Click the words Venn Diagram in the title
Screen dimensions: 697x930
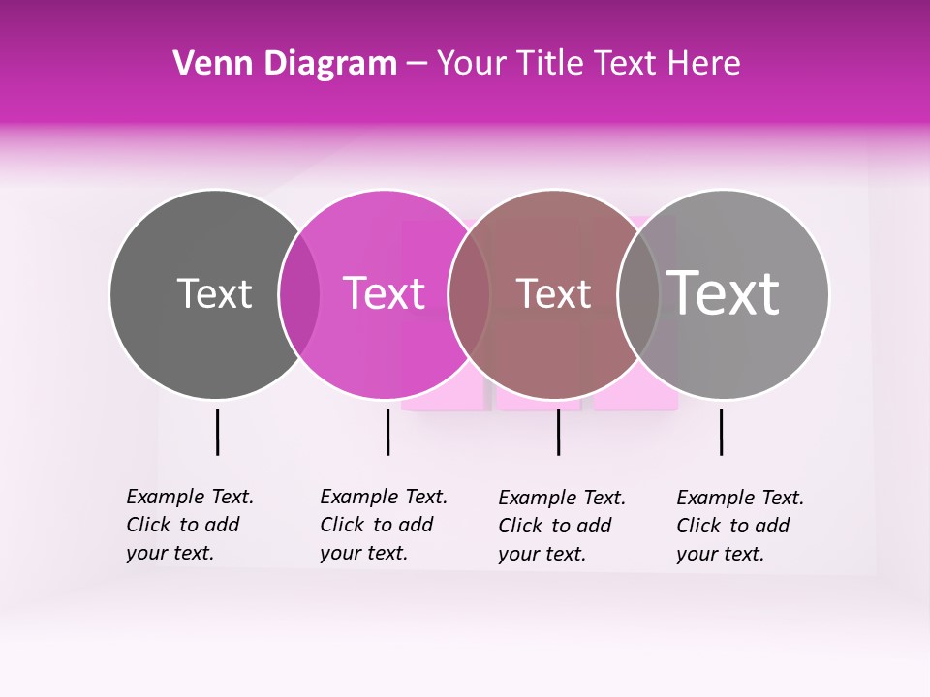click(x=285, y=64)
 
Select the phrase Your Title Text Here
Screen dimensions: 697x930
click(x=588, y=64)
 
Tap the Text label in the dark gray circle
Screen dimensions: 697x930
click(x=214, y=293)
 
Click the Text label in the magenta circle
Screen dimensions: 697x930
click(x=384, y=293)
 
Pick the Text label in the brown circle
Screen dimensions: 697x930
click(x=553, y=293)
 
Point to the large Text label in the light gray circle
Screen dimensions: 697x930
click(x=724, y=293)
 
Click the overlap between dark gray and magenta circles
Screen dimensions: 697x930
click(x=299, y=294)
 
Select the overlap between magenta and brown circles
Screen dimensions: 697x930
click(x=469, y=294)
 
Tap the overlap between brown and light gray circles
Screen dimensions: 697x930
click(x=638, y=294)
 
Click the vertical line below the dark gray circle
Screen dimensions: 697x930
click(x=217, y=432)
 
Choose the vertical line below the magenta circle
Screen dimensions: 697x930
click(x=387, y=432)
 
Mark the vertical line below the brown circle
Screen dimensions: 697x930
click(x=558, y=432)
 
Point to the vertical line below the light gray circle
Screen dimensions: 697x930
click(x=721, y=432)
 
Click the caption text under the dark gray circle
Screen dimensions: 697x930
click(x=189, y=525)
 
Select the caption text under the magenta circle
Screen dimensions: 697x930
click(x=383, y=525)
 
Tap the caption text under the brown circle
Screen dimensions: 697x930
click(x=561, y=526)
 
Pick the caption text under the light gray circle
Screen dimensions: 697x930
click(x=739, y=526)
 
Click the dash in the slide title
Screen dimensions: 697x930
click(x=417, y=64)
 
